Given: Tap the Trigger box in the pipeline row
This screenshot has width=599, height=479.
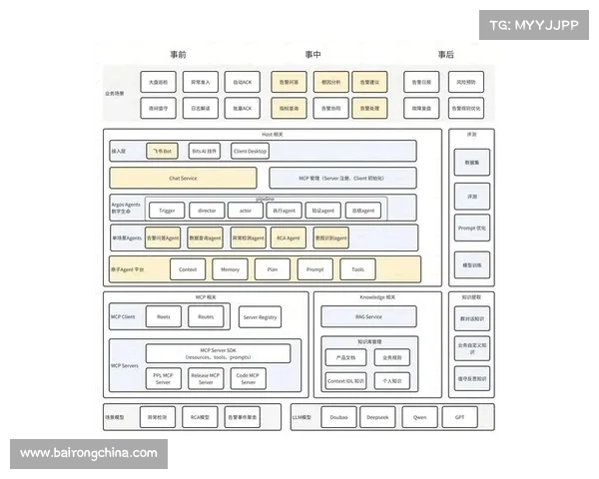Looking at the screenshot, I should click(166, 211).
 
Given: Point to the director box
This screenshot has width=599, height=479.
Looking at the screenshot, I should click(207, 211).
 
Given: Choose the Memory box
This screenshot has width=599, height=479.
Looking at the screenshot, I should click(230, 269).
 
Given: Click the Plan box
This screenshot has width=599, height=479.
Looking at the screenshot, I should click(272, 269).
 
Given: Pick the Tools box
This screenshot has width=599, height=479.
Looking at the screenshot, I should click(357, 269).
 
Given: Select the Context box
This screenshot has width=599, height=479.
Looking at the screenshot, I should click(187, 269).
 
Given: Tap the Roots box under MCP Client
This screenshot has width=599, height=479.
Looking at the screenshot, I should click(164, 316).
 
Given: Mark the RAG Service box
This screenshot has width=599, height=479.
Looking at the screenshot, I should click(366, 316).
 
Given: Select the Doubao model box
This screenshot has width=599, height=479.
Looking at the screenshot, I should click(339, 417).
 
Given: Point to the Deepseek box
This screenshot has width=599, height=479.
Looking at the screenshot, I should click(377, 417).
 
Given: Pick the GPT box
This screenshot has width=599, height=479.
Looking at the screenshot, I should click(459, 417).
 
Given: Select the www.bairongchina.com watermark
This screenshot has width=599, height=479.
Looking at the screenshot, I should click(88, 453).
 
